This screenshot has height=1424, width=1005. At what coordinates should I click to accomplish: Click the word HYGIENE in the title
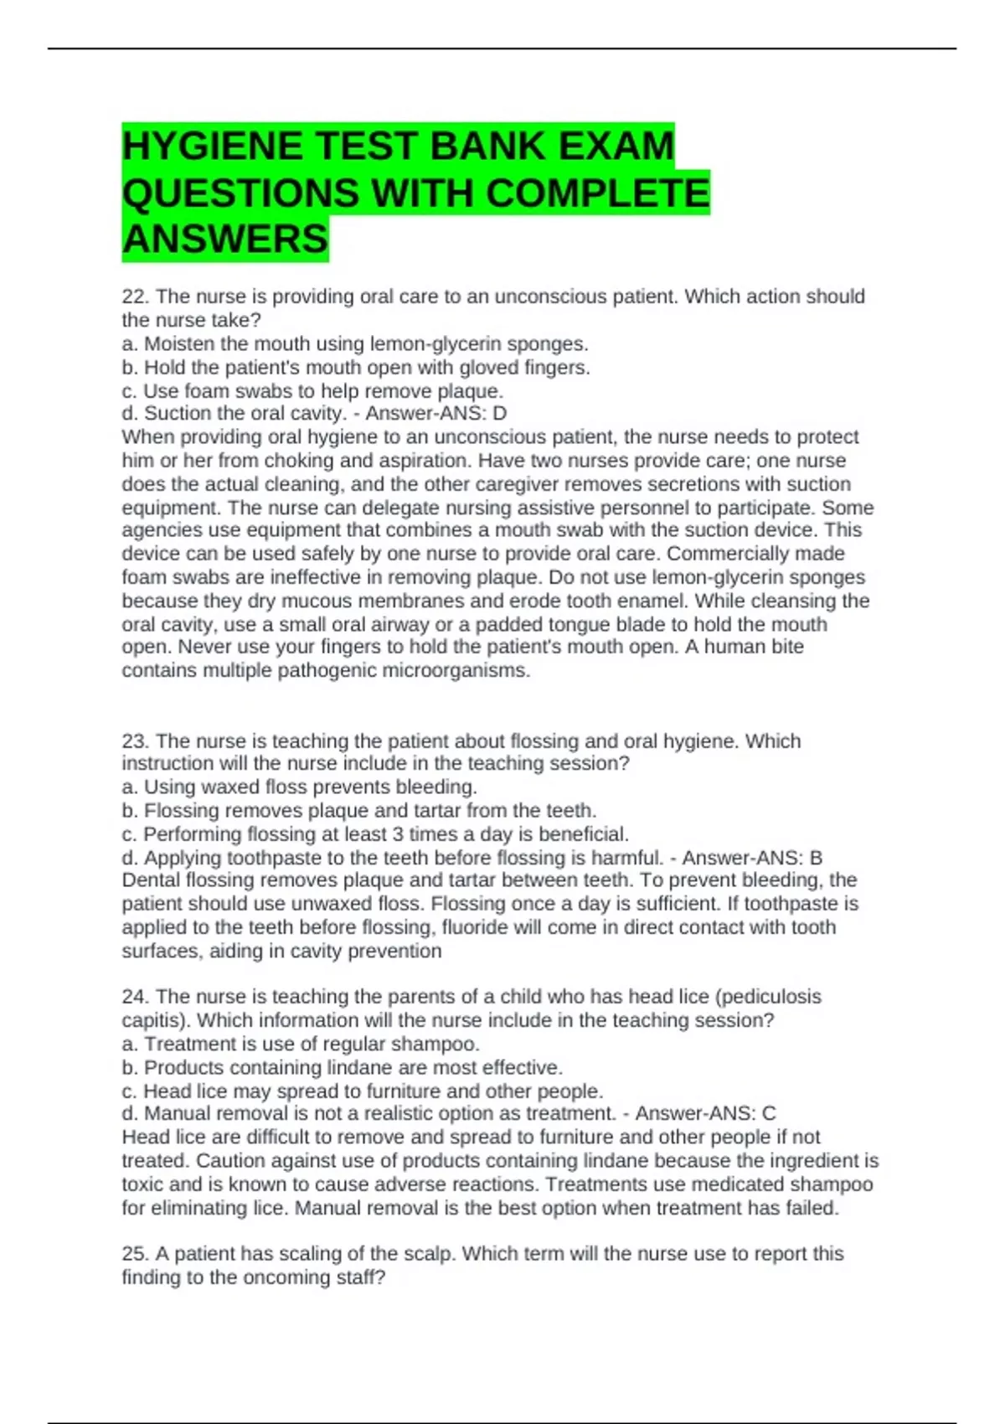tap(212, 147)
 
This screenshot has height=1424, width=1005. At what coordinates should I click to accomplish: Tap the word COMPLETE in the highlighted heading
tap(597, 193)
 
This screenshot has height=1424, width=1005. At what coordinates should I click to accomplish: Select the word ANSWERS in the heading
tap(225, 240)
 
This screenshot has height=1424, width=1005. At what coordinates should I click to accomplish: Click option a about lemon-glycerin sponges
tap(355, 344)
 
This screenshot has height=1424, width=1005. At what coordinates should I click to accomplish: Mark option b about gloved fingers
tap(356, 368)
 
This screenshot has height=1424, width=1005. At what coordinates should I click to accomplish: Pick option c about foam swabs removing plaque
tap(312, 391)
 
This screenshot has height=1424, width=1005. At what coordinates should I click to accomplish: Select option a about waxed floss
tap(299, 787)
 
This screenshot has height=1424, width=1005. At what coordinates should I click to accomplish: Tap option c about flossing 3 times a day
tap(374, 834)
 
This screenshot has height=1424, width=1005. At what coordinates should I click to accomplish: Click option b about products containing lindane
tap(342, 1068)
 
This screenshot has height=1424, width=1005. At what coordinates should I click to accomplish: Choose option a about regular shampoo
tap(301, 1045)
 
